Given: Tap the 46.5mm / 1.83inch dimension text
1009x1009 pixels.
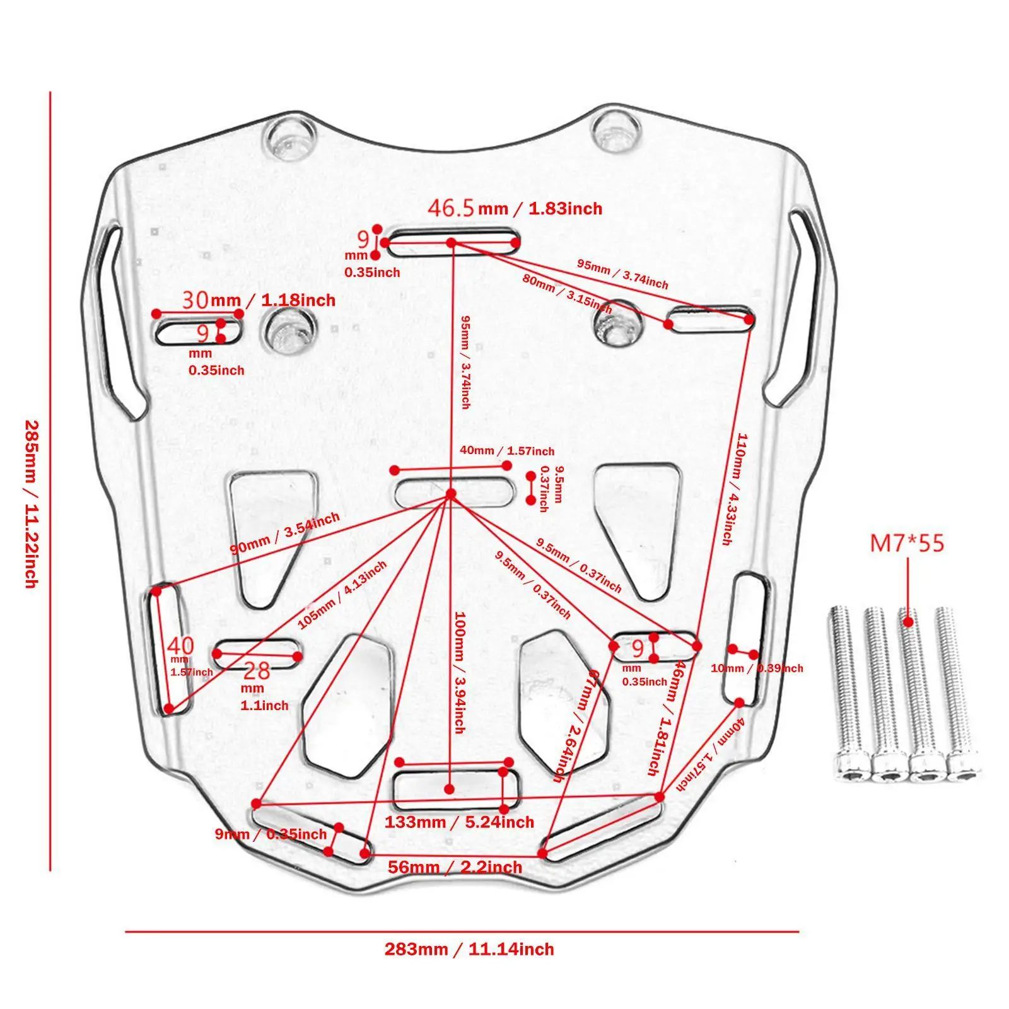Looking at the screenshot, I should tap(515, 208).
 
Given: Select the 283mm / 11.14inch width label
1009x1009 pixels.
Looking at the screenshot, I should tap(469, 949).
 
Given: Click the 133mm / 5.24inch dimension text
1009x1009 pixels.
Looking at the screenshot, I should tap(459, 822).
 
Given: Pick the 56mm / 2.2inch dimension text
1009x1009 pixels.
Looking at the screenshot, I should tap(455, 867).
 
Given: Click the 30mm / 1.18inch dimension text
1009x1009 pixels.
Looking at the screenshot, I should tap(259, 300).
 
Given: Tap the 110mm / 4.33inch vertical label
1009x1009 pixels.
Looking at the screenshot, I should tap(734, 489).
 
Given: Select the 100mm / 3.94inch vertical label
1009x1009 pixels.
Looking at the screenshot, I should tap(460, 672).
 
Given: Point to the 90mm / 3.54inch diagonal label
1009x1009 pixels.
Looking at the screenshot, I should tap(284, 534).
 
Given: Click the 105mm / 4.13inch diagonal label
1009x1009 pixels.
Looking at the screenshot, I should tap(342, 595).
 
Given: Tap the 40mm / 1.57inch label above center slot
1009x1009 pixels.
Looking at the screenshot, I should tap(507, 450).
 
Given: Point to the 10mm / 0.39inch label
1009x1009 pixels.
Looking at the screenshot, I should tap(757, 668).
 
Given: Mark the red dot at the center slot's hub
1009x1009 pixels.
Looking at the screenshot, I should tap(450, 494).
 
